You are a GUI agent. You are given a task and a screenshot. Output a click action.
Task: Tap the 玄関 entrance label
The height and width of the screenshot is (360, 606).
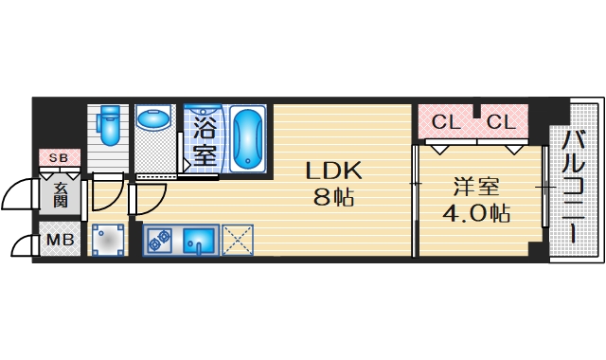[61, 194]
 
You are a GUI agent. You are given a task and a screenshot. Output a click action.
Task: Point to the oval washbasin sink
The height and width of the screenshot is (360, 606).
[151, 120]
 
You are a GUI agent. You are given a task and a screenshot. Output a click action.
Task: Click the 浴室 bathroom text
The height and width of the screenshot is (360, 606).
[204, 136]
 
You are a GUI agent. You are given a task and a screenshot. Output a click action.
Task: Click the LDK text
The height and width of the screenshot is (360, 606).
[333, 171]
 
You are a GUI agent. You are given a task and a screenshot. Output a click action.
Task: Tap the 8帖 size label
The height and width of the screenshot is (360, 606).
[333, 199]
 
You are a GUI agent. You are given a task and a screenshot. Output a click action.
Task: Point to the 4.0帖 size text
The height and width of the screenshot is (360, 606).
[476, 213]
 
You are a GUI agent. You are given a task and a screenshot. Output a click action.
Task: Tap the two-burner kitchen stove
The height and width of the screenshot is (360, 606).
[158, 240]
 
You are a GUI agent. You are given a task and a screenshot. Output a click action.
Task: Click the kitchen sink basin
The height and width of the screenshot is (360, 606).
[199, 240]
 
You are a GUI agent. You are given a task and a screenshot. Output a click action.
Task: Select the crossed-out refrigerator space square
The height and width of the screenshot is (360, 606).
[238, 240]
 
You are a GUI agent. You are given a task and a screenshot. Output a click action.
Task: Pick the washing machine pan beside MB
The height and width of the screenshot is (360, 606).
[109, 240]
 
